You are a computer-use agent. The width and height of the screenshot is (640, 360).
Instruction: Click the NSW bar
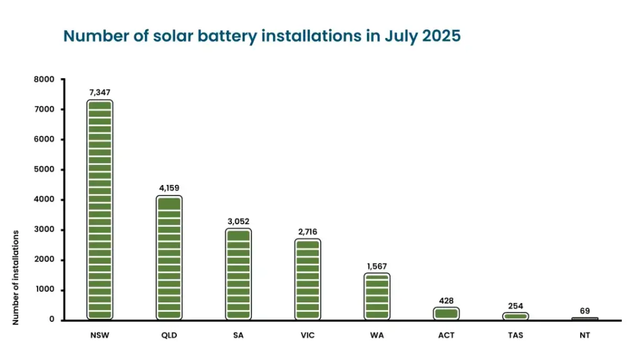99,210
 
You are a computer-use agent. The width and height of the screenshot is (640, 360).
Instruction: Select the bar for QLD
169,258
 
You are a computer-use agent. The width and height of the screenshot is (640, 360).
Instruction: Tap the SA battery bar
238,274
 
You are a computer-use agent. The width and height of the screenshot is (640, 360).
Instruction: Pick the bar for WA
377,297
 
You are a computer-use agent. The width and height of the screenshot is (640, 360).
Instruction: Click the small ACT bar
446,313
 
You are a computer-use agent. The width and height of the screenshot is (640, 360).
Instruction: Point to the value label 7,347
99,92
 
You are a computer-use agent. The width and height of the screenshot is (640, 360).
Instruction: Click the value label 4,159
169,187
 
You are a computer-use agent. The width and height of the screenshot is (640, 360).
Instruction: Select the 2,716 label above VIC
307,231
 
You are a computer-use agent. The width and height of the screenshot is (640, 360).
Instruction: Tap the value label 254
516,305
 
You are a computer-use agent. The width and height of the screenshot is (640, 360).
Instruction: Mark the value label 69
584,311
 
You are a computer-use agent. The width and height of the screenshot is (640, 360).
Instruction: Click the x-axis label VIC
307,336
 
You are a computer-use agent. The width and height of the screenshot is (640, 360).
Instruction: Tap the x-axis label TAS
516,336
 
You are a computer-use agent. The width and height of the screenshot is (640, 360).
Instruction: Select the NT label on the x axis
584,336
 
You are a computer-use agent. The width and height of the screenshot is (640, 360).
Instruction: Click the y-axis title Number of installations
16,277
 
